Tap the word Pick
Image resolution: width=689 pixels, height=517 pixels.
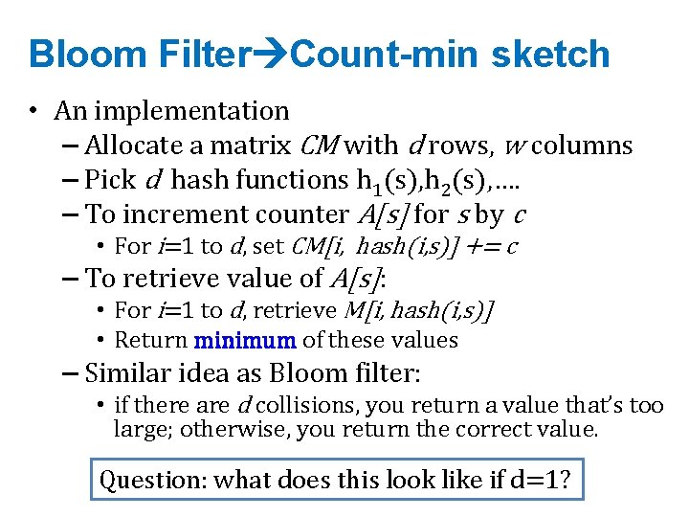[110, 180]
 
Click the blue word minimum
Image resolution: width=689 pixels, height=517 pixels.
[247, 340]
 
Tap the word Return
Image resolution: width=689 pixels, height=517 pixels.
[150, 340]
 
